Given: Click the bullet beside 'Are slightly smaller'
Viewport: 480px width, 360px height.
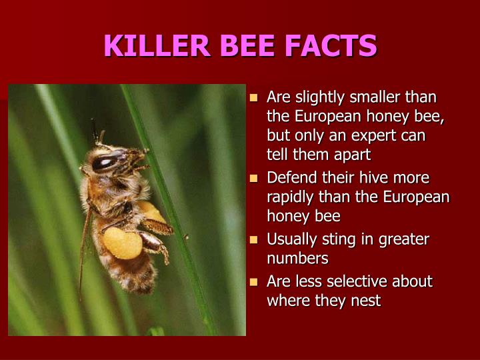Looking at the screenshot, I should click(x=253, y=98).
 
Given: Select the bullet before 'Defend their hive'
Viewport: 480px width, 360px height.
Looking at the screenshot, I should click(x=253, y=179).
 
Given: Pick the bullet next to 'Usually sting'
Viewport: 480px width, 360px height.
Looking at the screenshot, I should click(x=253, y=239).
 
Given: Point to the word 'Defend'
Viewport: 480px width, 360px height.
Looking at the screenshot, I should click(x=290, y=178).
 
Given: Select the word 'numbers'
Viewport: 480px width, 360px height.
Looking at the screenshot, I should click(x=297, y=258).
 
